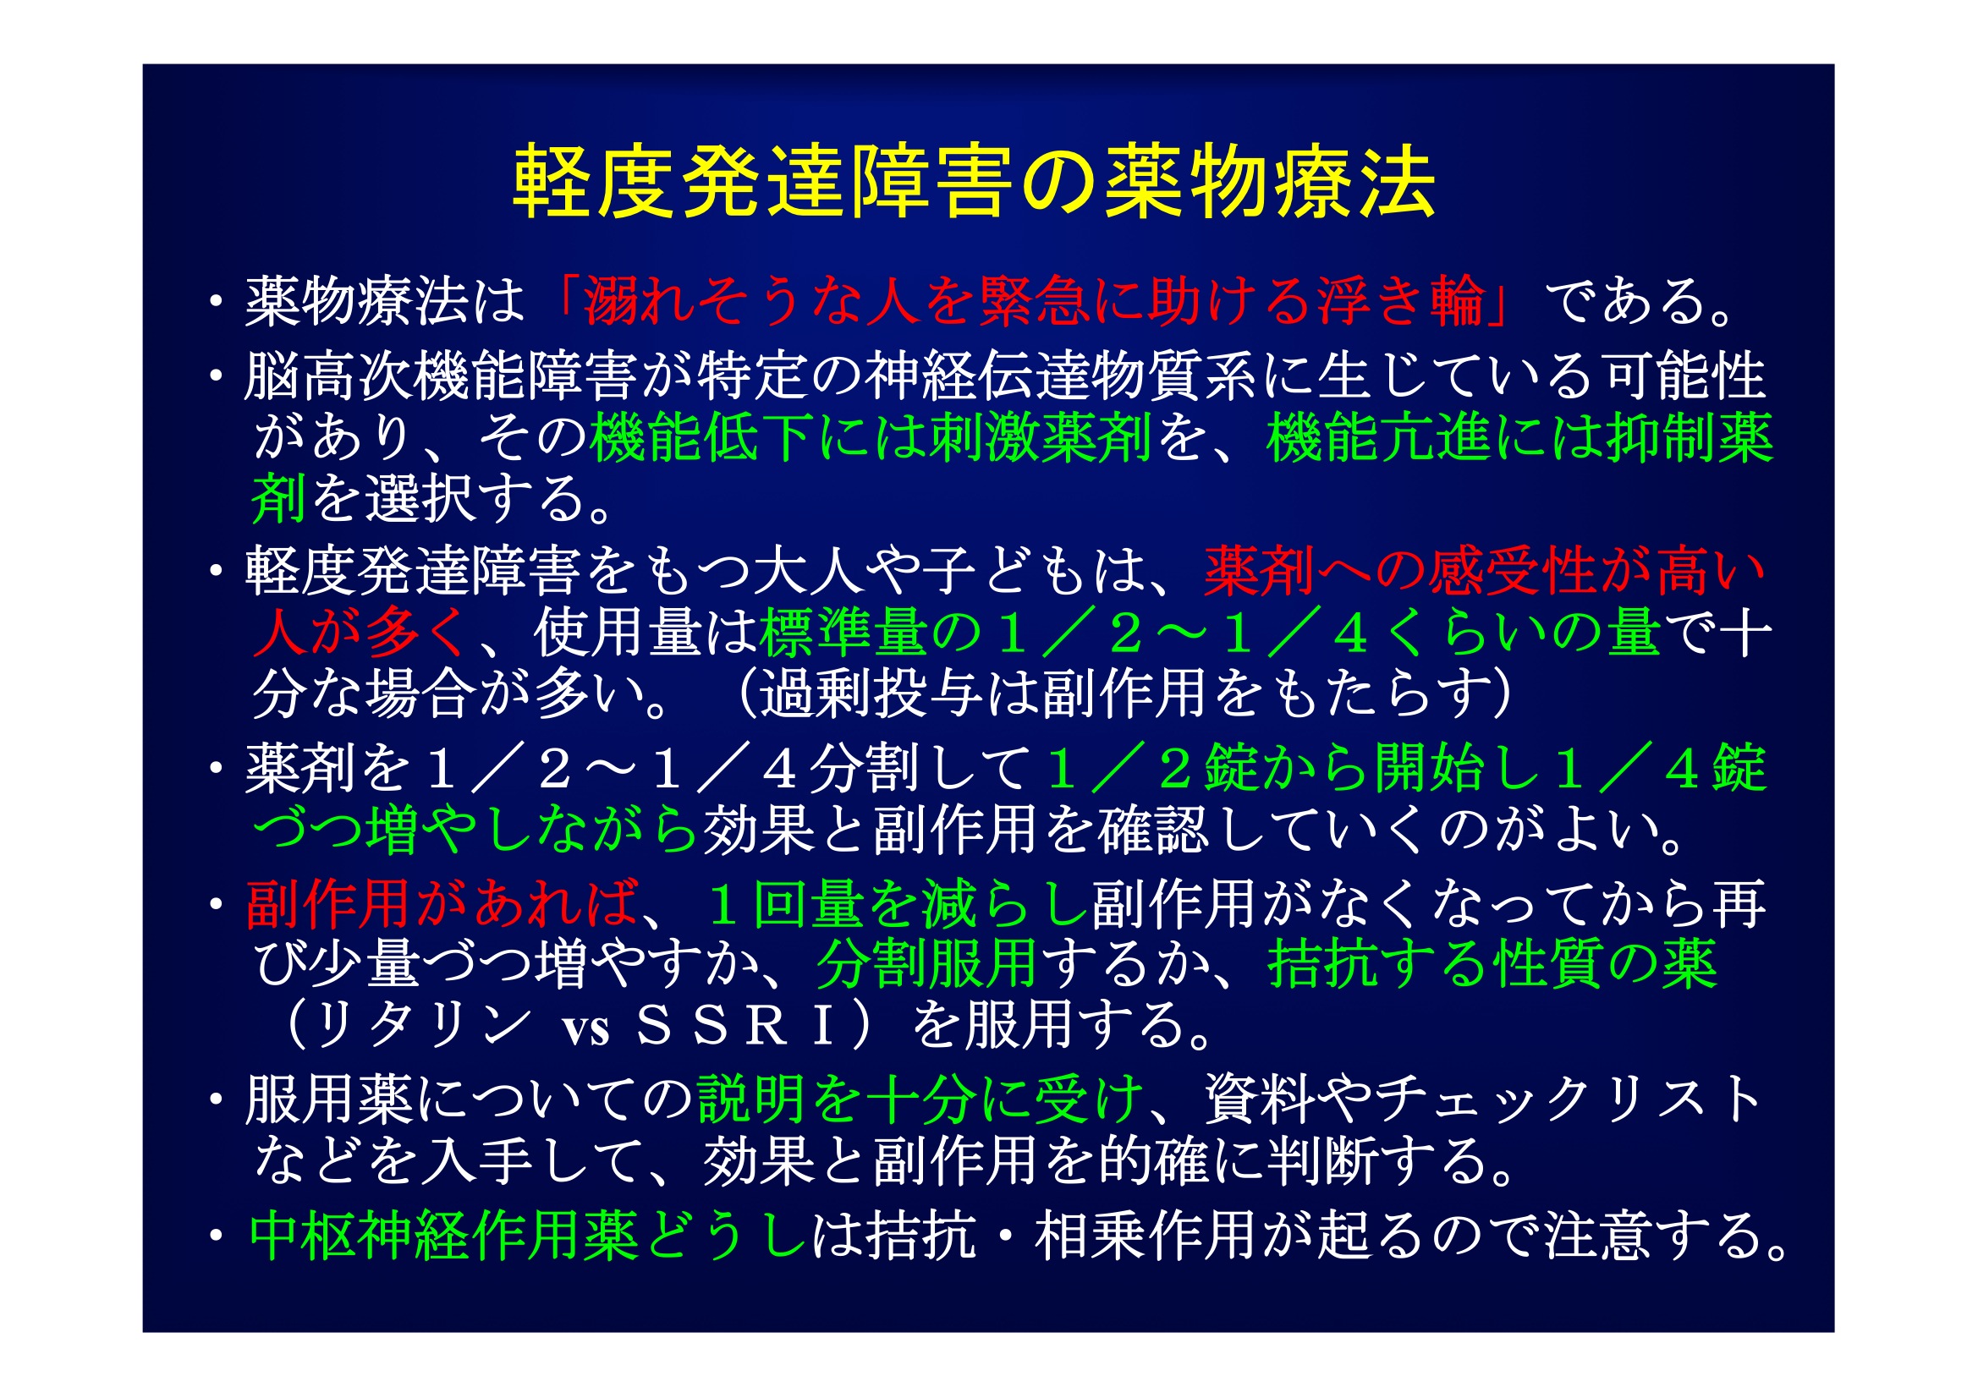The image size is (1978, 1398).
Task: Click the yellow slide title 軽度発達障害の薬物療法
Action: click(974, 183)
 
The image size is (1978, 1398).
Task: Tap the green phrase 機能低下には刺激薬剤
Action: click(871, 437)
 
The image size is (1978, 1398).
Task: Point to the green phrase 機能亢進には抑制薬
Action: click(1520, 437)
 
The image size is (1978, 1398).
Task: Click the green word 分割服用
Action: click(926, 964)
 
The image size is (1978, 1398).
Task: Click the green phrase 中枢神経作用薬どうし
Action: click(528, 1236)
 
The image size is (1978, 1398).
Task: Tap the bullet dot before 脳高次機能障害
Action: click(216, 376)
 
